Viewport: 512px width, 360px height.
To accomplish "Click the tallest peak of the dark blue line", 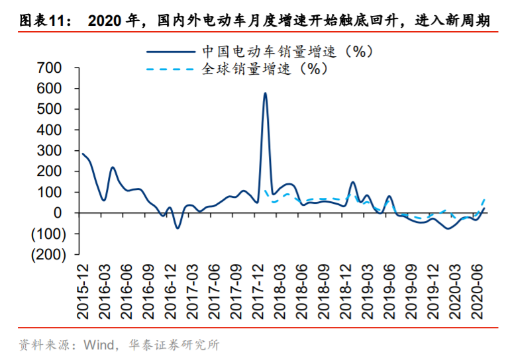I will (x=265, y=93).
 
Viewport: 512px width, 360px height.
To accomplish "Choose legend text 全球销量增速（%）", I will (x=265, y=68).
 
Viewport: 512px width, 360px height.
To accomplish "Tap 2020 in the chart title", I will (x=109, y=21).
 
